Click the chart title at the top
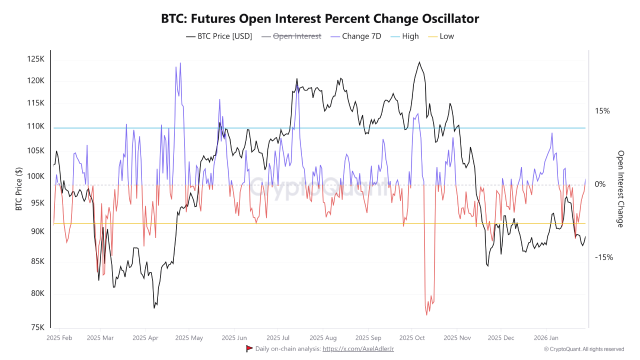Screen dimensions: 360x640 (x=320, y=19)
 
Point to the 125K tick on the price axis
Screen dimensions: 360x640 (x=35, y=59)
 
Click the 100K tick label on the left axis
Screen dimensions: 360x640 (x=35, y=176)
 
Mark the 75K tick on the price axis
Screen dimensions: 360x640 (x=37, y=327)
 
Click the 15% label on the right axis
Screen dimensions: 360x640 (x=602, y=111)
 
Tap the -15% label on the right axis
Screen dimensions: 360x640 (x=603, y=257)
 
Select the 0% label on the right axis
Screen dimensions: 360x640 (x=600, y=184)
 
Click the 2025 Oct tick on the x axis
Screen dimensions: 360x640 (x=413, y=337)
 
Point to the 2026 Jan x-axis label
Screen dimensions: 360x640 (x=546, y=337)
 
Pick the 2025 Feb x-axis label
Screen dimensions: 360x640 (x=59, y=337)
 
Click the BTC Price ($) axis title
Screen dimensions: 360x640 (x=19, y=188)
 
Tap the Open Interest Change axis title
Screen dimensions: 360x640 (x=621, y=188)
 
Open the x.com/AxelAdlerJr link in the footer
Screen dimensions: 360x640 (x=358, y=348)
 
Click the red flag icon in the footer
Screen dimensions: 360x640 (x=249, y=348)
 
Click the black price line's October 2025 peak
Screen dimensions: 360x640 (x=419, y=62)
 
